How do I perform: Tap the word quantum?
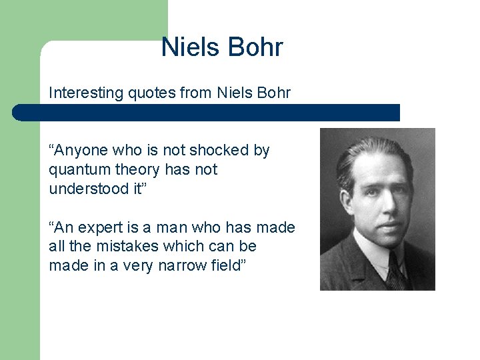[x=75, y=170]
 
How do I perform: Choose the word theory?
[x=130, y=170]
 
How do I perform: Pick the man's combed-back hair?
[x=373, y=148]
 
